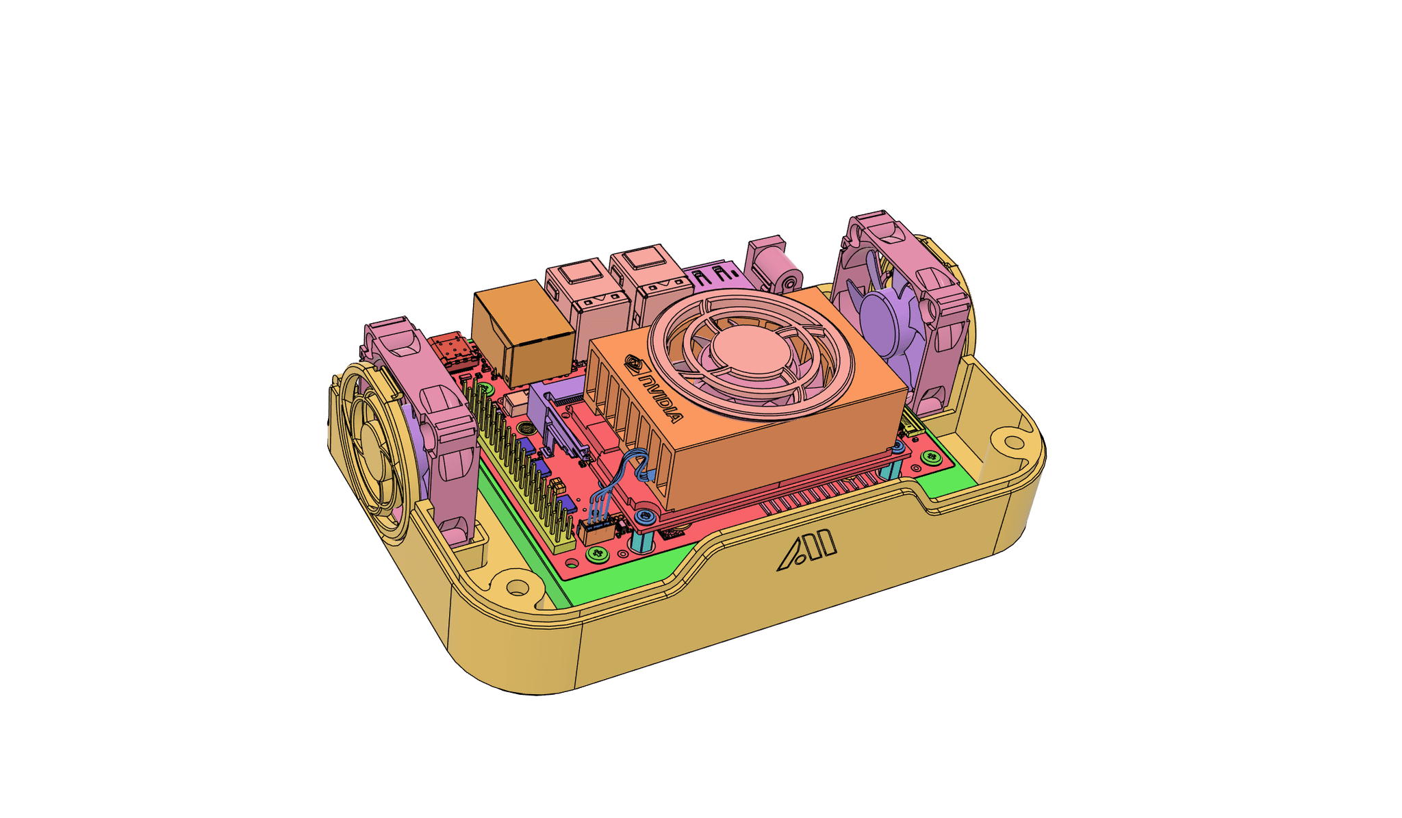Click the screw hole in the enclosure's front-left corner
click(518, 587)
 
